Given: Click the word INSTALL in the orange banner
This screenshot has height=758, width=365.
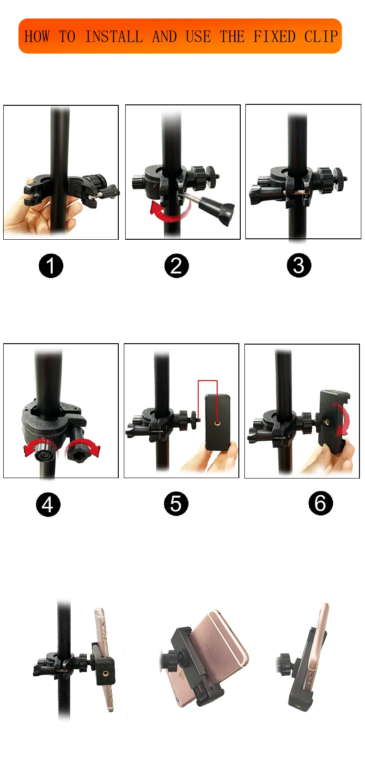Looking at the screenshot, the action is click(114, 36).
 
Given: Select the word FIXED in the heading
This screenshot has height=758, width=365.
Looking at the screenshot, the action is click(274, 36).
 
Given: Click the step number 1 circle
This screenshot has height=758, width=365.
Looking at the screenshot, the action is click(51, 266).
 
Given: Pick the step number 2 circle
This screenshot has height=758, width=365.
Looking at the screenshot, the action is click(176, 266).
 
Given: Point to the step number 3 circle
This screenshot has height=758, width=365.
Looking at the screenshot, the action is click(298, 265).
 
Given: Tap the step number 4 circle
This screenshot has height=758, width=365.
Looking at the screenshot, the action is click(48, 504).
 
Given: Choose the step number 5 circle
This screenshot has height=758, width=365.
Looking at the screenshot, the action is click(176, 503).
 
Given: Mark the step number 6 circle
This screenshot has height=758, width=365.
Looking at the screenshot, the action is click(321, 503).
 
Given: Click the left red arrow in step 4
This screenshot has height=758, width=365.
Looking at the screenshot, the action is click(37, 447).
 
